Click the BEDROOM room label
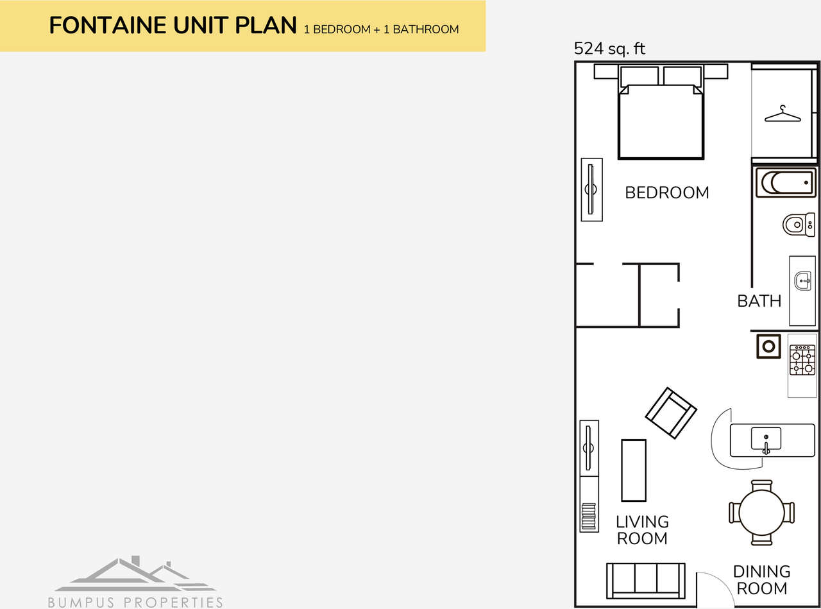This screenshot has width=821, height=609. pyautogui.click(x=667, y=193)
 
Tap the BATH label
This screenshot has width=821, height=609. pyautogui.click(x=759, y=301)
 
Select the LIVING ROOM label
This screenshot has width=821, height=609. pyautogui.click(x=642, y=530)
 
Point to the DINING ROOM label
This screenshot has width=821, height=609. pyautogui.click(x=761, y=579)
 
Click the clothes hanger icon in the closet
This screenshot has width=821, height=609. pyautogui.click(x=783, y=115)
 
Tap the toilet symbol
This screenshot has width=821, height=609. pyautogui.click(x=798, y=225)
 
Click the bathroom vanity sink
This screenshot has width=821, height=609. pyautogui.click(x=802, y=281)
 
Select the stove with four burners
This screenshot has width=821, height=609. pyautogui.click(x=802, y=360)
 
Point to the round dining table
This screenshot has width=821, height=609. pyautogui.click(x=761, y=513)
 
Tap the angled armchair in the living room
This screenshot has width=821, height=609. pyautogui.click(x=671, y=413)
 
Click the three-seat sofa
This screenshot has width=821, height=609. pyautogui.click(x=645, y=580)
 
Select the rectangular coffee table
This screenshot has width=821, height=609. pyautogui.click(x=634, y=470)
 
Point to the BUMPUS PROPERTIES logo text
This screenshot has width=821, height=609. pyautogui.click(x=135, y=602)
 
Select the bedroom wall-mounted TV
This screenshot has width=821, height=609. pyautogui.click(x=591, y=189)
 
